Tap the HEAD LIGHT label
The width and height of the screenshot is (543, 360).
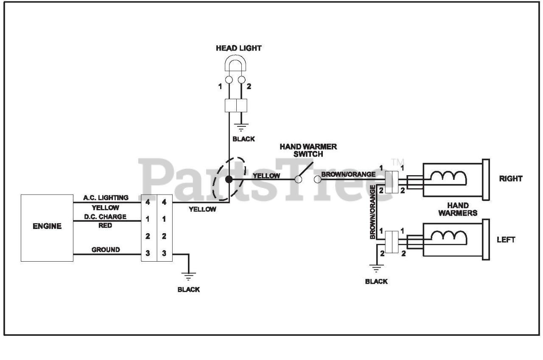(238, 48)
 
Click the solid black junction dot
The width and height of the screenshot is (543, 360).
(229, 179)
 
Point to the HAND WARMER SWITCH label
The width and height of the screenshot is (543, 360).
(308, 150)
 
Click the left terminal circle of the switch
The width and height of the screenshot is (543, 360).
(298, 179)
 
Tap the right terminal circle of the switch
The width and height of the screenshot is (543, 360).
(318, 179)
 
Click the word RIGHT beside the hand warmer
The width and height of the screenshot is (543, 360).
(510, 179)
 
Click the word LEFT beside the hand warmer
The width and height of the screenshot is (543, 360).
(506, 240)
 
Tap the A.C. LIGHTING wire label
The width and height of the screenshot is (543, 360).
(106, 198)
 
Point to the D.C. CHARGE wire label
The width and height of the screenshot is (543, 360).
(105, 217)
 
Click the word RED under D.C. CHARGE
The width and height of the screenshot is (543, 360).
(105, 226)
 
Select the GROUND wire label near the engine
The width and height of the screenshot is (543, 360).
(106, 249)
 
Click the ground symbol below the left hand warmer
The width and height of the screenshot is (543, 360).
(376, 269)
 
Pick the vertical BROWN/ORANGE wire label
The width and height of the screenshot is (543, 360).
(372, 212)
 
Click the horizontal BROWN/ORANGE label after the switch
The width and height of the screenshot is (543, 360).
(348, 174)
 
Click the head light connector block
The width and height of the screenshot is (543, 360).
(236, 106)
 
